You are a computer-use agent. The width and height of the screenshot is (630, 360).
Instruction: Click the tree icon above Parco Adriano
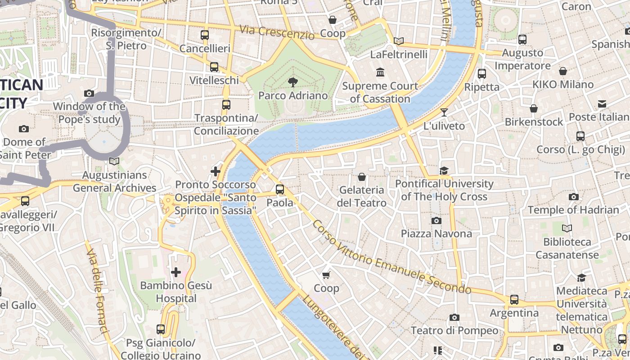(293, 82)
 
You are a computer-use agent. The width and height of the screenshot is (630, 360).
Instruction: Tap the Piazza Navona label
(436, 234)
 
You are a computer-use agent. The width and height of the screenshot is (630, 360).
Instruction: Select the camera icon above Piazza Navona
(436, 220)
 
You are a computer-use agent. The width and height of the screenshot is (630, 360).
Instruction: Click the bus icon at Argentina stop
(514, 300)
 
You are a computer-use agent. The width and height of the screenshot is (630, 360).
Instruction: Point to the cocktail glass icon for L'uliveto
(444, 112)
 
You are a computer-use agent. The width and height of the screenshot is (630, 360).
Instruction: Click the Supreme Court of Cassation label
(380, 92)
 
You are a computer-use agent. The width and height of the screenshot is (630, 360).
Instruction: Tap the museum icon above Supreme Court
(380, 72)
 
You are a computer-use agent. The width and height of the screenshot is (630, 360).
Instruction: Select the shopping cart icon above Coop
(326, 275)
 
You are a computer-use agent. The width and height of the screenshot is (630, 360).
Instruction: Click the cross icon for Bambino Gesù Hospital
(176, 272)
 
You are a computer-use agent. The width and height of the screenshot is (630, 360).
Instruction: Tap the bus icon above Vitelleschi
(214, 67)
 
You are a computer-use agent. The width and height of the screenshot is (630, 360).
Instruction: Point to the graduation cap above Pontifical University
(444, 171)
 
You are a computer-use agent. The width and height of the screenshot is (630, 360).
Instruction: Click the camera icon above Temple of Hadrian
(573, 197)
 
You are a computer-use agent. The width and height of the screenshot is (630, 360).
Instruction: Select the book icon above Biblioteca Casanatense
(567, 229)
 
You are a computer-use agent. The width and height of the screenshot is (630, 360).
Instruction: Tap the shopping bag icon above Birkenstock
(533, 108)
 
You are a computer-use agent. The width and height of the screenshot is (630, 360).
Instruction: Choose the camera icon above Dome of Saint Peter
(24, 129)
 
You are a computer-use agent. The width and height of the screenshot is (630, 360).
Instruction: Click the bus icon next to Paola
(280, 189)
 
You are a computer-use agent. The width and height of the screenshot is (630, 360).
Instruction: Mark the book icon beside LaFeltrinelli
(399, 41)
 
